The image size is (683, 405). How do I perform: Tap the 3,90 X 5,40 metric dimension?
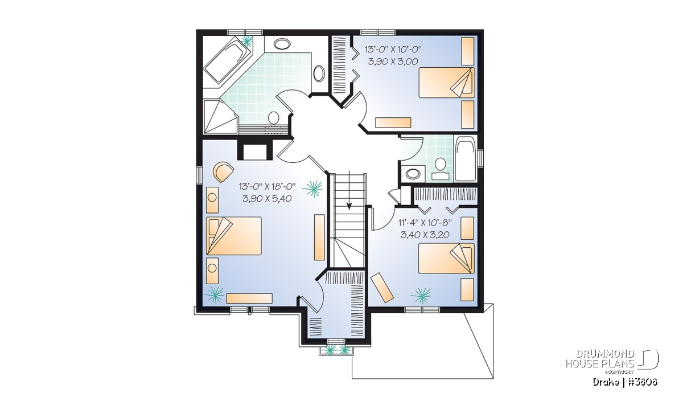point(267,199)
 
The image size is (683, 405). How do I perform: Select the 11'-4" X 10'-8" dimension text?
point(425,223)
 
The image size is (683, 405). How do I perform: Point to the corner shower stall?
point(220,116)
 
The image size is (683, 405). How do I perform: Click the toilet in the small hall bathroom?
point(439,169)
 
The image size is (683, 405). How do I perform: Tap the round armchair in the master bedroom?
point(224,172)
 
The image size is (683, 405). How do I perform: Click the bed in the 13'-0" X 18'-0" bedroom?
point(234,236)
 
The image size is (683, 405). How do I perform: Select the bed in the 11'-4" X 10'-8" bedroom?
point(446,258)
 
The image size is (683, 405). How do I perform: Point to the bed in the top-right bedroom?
point(447,83)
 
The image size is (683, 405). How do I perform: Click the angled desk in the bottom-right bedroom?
point(382,288)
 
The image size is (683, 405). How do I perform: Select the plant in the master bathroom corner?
point(246,40)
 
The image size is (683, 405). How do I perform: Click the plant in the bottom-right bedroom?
point(421,296)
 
